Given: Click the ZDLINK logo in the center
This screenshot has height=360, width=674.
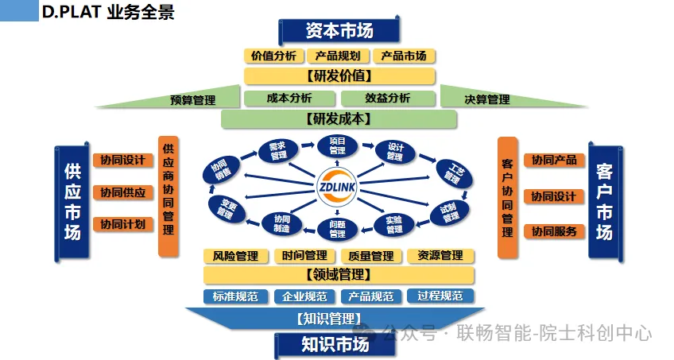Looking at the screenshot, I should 338,184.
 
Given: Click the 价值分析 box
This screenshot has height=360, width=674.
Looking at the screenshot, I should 273,56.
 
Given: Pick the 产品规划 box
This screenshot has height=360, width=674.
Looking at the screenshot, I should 338,56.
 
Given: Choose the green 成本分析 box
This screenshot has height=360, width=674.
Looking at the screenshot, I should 289,98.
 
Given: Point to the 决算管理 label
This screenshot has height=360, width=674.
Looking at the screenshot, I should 486,99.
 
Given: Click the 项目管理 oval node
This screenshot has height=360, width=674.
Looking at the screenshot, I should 337,145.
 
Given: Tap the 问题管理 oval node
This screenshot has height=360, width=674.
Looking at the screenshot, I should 337,230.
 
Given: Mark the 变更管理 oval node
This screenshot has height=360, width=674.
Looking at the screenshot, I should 224,208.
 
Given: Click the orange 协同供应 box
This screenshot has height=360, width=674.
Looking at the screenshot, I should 122,192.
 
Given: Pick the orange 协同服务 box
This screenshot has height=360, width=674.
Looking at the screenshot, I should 554,231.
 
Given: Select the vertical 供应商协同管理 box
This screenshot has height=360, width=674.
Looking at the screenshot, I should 168,195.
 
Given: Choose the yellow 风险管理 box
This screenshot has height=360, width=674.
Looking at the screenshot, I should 235,256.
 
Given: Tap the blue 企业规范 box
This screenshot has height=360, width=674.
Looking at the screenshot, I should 304,296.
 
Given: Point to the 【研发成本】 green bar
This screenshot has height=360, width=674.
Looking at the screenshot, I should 339,118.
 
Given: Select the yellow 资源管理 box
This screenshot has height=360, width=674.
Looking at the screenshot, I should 440,256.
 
